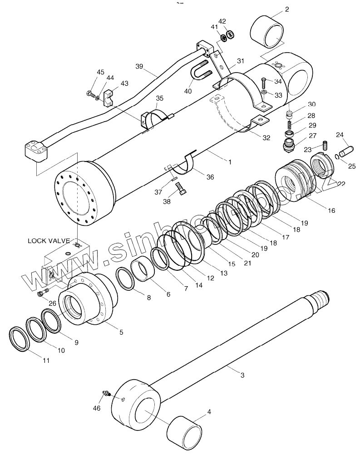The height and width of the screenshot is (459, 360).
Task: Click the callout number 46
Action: click(x=97, y=408)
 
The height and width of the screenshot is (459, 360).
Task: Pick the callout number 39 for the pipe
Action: click(x=139, y=66)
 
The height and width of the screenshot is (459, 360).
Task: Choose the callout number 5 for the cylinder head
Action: click(x=121, y=332)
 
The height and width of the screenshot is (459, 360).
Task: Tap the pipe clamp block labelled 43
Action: click(x=110, y=99)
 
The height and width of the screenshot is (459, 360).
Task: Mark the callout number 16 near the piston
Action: click(x=331, y=210)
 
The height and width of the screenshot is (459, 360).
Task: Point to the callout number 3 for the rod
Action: click(x=242, y=375)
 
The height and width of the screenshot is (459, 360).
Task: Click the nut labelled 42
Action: click(x=230, y=33)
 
